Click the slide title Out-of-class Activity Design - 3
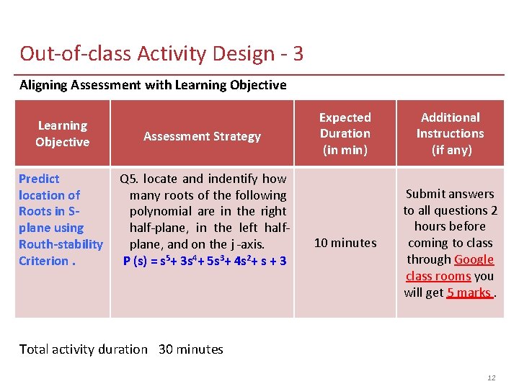pyautogui.click(x=161, y=54)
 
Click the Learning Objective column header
pyautogui.click(x=63, y=134)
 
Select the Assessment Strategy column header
pyautogui.click(x=202, y=136)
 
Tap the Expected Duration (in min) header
pyautogui.click(x=345, y=134)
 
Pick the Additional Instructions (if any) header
pyautogui.click(x=450, y=134)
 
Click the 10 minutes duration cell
pyautogui.click(x=345, y=243)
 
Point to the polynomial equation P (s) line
pyautogui.click(x=205, y=260)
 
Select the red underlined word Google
pyautogui.click(x=474, y=259)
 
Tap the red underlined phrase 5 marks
pyautogui.click(x=469, y=292)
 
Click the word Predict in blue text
pyautogui.click(x=39, y=179)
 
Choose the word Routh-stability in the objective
pyautogui.click(x=61, y=244)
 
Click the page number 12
pyautogui.click(x=492, y=377)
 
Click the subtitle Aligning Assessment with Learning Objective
pyautogui.click(x=153, y=85)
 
